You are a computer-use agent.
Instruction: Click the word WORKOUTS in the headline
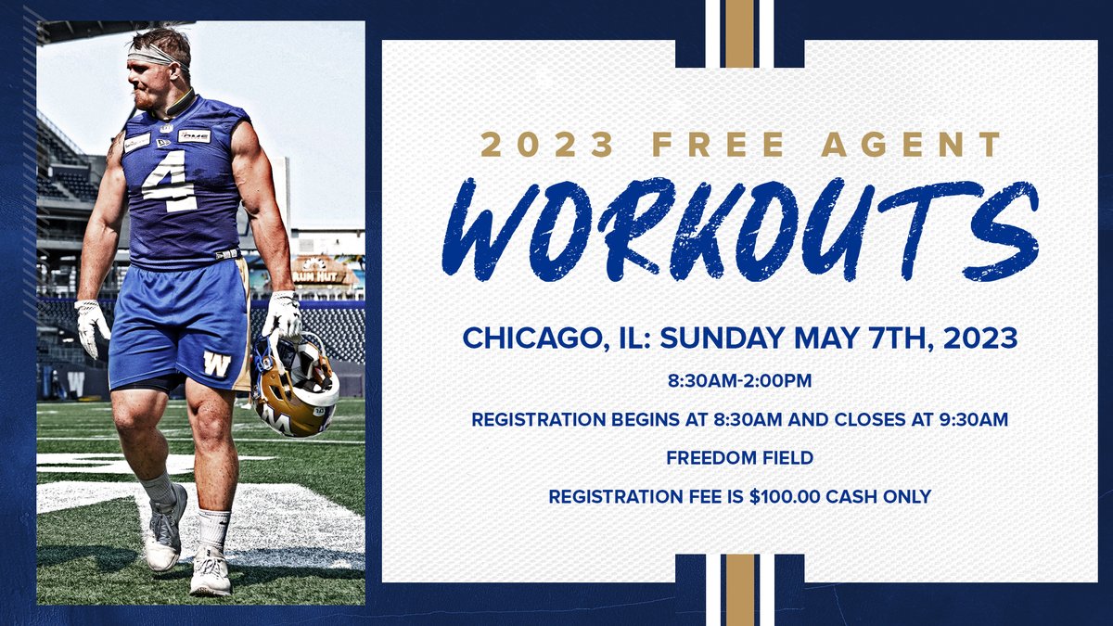coord(739,229)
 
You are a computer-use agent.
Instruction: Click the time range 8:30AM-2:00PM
coord(739,381)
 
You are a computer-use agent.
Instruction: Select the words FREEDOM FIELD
coord(739,457)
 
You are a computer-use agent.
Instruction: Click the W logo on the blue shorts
coord(217,363)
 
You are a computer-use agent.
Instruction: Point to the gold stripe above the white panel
coord(739,33)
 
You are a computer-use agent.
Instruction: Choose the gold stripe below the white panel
coord(739,590)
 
